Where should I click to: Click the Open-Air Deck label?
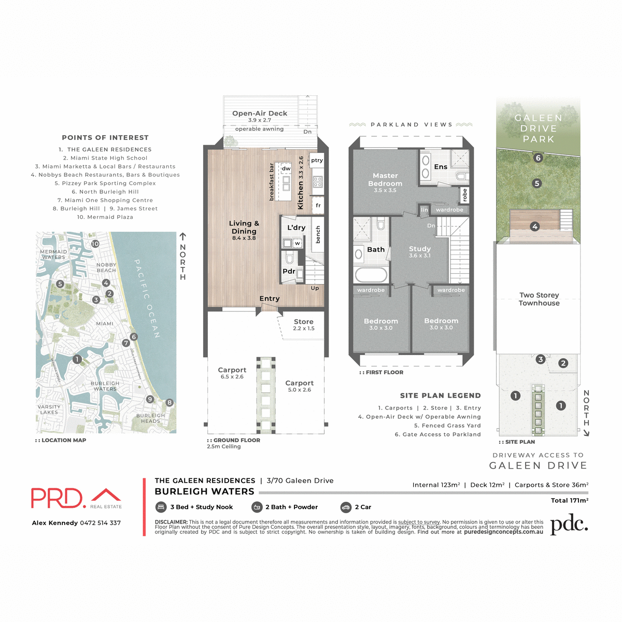pos(260,114)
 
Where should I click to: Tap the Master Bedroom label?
pos(385,180)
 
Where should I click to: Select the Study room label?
pos(420,249)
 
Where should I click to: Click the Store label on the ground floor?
pos(304,322)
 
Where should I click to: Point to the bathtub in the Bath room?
pos(371,274)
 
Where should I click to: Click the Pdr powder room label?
pos(289,271)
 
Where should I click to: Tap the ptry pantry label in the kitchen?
pos(317,161)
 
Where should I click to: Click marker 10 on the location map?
pos(95,244)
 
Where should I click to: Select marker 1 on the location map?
pos(77,359)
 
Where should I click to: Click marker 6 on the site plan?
pos(538,158)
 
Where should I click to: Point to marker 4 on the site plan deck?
pos(535,227)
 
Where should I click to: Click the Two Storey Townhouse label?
pos(539,299)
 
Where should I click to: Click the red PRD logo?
pos(57,498)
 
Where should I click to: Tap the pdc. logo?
pos(569,525)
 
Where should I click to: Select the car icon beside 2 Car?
pos(346,507)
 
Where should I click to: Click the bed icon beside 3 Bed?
pos(161,507)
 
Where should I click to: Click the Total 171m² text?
pos(569,500)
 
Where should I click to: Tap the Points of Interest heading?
pos(105,138)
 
